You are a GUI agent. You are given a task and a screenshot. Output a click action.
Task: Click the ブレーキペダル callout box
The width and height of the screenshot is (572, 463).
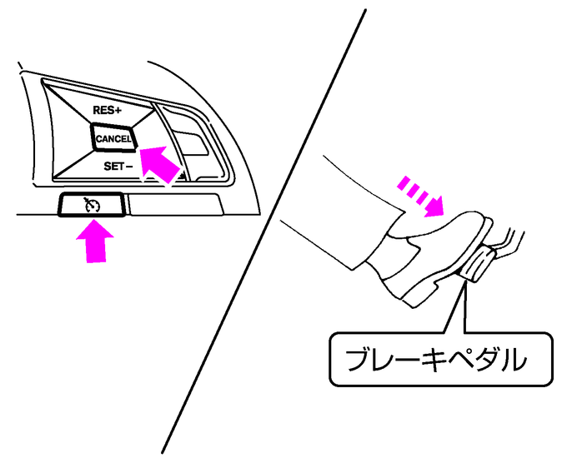[440, 359]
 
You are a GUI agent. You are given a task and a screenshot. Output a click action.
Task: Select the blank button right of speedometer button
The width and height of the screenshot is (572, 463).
[175, 203]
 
